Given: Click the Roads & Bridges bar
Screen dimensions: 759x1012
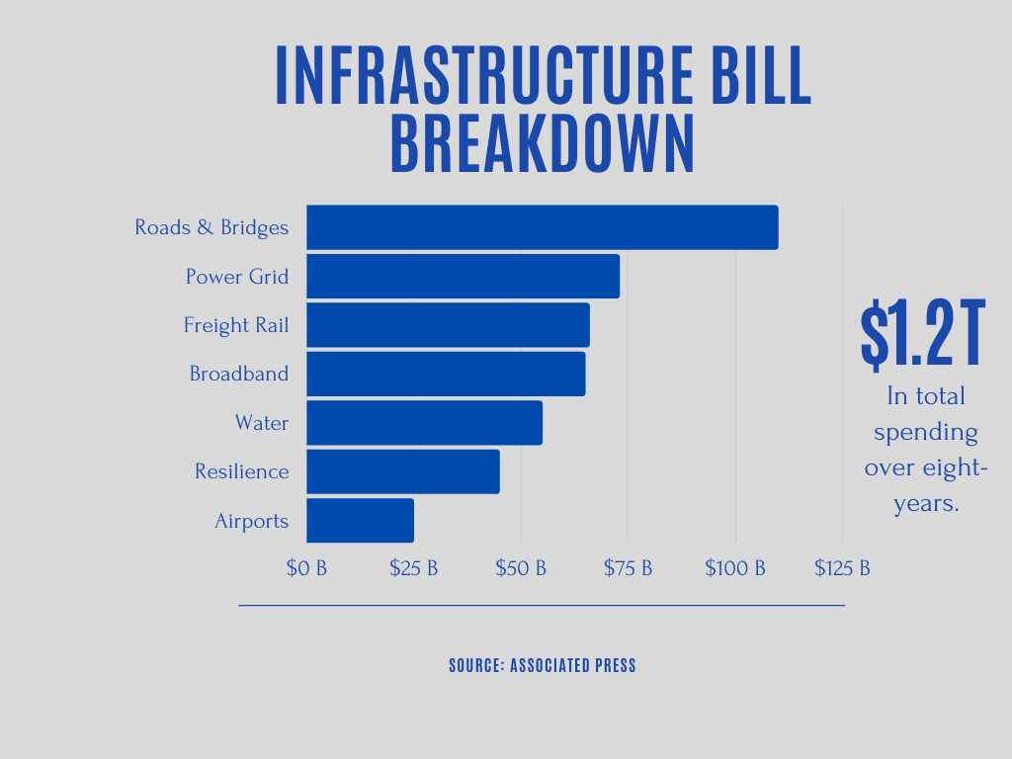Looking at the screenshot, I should (542, 227).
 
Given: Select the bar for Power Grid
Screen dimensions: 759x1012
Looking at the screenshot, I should (463, 276).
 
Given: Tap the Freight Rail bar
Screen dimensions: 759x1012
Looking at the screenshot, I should (448, 325).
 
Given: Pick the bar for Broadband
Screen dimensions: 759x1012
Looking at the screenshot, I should (446, 374).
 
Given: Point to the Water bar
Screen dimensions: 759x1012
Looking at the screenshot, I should (424, 423).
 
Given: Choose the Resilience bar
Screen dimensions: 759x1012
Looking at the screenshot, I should (402, 471).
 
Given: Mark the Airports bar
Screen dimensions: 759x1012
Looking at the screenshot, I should (360, 521).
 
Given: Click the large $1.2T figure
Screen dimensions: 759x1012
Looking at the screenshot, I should (922, 335).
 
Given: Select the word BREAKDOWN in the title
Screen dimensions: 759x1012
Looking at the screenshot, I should (542, 145).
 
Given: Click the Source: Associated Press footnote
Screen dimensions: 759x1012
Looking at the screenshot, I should (542, 665).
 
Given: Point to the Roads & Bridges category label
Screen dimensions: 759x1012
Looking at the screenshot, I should (211, 227).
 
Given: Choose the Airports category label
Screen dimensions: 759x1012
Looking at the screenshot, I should (251, 521).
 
